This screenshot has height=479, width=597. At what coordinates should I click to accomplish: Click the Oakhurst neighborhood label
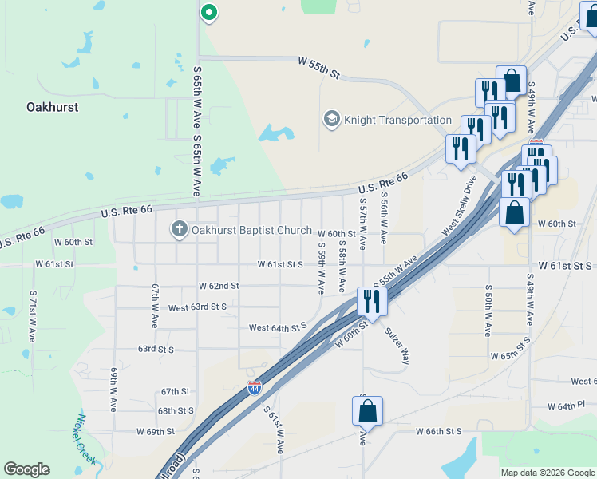(52, 106)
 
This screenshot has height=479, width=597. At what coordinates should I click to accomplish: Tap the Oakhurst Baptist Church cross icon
(179, 230)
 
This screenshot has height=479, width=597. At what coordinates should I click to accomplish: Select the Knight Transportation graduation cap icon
(330, 120)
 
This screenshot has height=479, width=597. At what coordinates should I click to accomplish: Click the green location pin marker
(208, 12)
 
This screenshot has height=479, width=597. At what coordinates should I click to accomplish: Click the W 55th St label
(319, 67)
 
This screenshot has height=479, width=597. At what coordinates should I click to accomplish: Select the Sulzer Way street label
(397, 345)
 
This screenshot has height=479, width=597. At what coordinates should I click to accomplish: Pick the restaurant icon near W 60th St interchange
(371, 301)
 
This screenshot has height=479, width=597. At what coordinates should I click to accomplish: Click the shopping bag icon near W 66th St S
(367, 411)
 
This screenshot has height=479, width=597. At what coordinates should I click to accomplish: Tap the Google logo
(26, 469)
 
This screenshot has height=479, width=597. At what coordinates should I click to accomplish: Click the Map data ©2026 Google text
(548, 473)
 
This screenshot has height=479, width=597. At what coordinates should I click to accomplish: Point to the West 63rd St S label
(197, 307)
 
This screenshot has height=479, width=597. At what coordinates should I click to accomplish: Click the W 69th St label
(154, 431)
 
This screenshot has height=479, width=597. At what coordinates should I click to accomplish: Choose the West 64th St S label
(278, 327)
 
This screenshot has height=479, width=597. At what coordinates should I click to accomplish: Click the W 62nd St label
(219, 285)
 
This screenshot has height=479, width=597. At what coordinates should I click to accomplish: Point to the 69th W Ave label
(114, 389)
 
